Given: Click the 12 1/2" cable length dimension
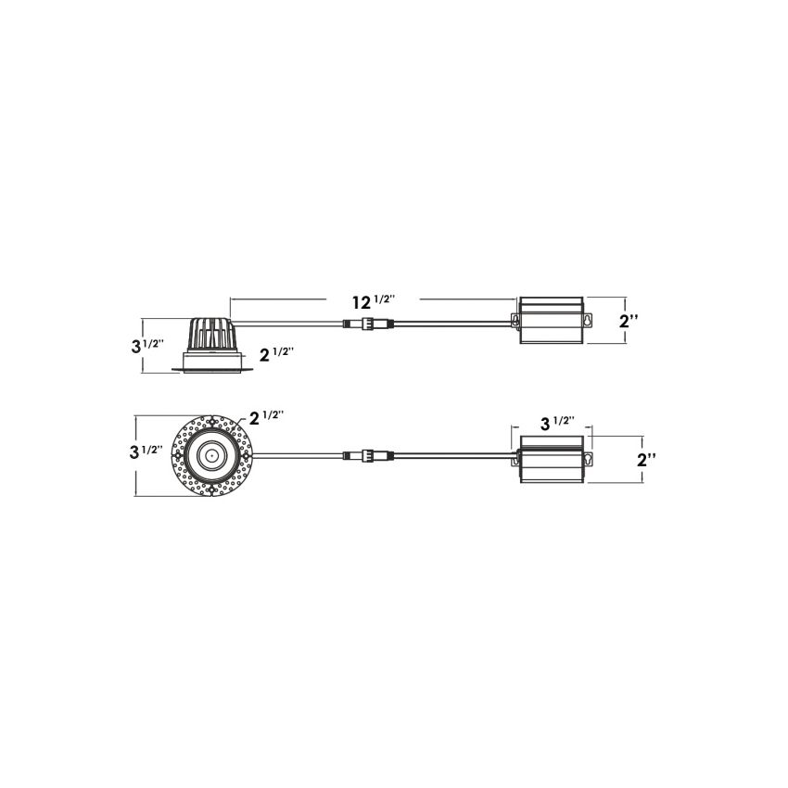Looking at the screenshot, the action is click(x=374, y=301).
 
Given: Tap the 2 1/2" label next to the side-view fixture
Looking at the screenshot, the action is click(x=276, y=354).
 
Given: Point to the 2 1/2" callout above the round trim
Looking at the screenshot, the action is click(x=267, y=417).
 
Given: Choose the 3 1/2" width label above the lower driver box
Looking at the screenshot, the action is click(x=557, y=423).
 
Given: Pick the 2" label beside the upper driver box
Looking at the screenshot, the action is click(x=629, y=321).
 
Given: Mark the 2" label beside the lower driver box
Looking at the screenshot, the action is click(x=646, y=459).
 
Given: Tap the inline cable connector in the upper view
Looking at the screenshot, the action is click(x=368, y=324).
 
